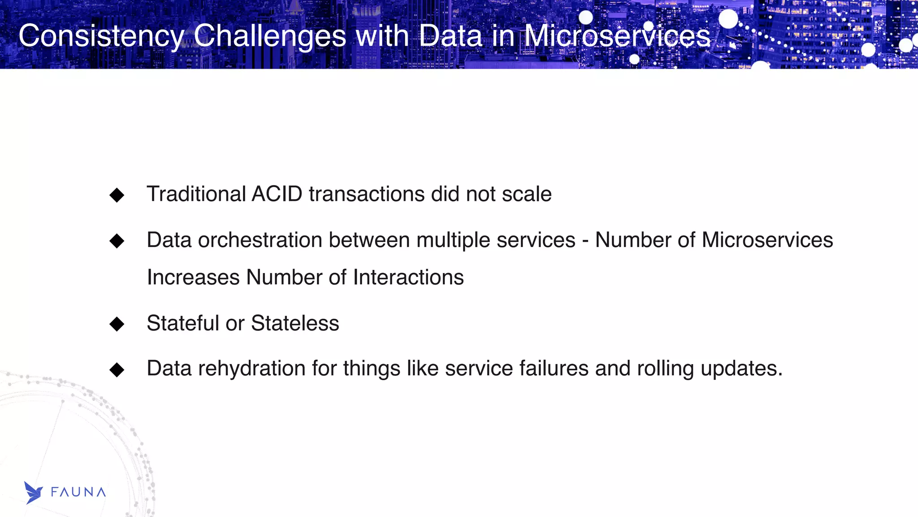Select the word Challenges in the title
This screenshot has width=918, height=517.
pyautogui.click(x=270, y=36)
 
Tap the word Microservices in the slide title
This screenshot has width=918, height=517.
pyautogui.click(x=617, y=36)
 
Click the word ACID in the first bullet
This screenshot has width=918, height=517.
pyautogui.click(x=277, y=194)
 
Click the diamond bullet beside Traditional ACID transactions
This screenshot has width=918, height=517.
pyautogui.click(x=117, y=195)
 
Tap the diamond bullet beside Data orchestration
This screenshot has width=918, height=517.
pyautogui.click(x=117, y=241)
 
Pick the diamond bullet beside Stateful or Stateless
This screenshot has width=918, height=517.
pyautogui.click(x=117, y=324)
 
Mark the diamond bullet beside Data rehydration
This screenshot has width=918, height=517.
pyautogui.click(x=117, y=369)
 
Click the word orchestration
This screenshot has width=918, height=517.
pyautogui.click(x=260, y=240)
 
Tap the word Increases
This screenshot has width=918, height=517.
pyautogui.click(x=193, y=277)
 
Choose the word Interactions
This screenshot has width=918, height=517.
pyautogui.click(x=408, y=277)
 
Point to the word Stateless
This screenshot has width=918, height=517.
pyautogui.click(x=295, y=323)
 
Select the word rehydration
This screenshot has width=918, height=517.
pyautogui.click(x=252, y=369)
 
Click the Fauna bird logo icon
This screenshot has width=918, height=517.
pyautogui.click(x=33, y=493)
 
